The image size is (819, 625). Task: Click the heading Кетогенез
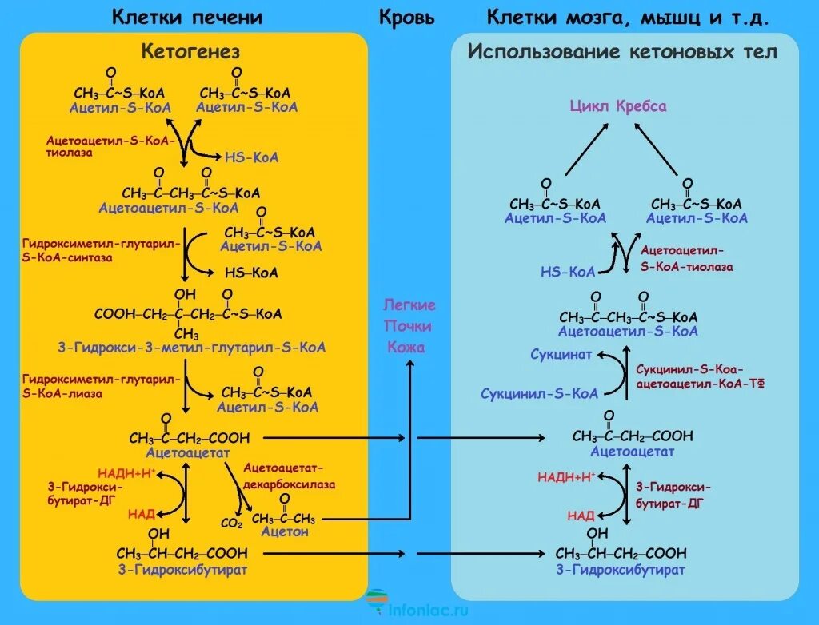click(190, 52)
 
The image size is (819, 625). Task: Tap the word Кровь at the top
click(408, 17)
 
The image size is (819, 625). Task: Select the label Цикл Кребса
click(617, 106)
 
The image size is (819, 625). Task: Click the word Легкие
click(409, 305)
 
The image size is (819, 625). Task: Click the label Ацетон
click(284, 531)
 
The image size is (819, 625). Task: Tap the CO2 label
click(231, 524)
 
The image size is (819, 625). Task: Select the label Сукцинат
click(561, 354)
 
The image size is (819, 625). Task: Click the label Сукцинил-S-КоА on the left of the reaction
click(539, 393)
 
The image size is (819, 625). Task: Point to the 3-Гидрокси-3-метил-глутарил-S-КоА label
click(192, 348)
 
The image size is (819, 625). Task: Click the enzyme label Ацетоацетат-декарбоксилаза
click(290, 476)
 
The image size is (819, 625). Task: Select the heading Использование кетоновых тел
click(622, 52)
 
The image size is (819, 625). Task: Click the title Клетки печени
click(186, 17)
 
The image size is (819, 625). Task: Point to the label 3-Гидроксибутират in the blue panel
click(621, 570)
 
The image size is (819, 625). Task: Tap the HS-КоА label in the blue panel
click(568, 272)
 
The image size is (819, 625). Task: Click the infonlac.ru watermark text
click(428, 610)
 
